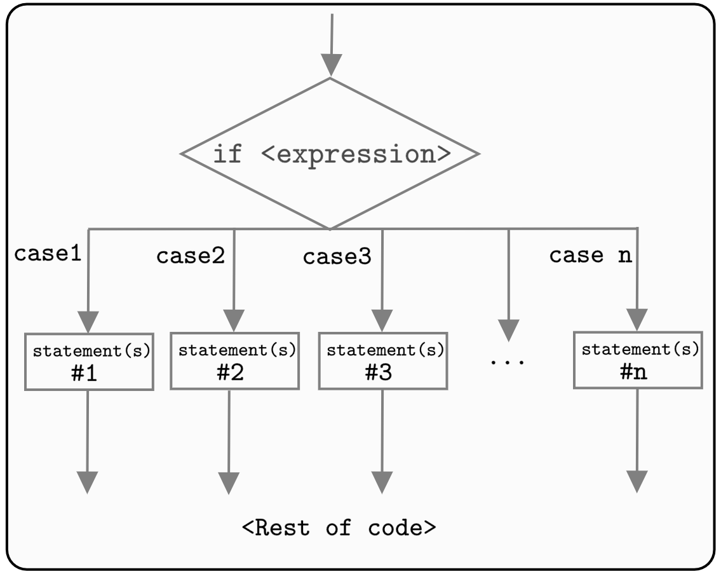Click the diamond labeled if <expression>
(330, 153)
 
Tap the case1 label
(48, 254)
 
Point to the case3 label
(337, 257)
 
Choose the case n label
(590, 255)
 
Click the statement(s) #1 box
(89, 361)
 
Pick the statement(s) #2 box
(234, 360)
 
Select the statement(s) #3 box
(382, 360)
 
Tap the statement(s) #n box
(638, 359)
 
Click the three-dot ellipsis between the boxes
(508, 362)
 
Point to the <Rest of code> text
(339, 528)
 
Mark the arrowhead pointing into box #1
(88, 322)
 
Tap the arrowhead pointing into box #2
(234, 320)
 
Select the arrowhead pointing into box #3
(382, 320)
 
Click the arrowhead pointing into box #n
(637, 319)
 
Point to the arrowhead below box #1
(88, 482)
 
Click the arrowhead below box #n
(637, 481)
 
